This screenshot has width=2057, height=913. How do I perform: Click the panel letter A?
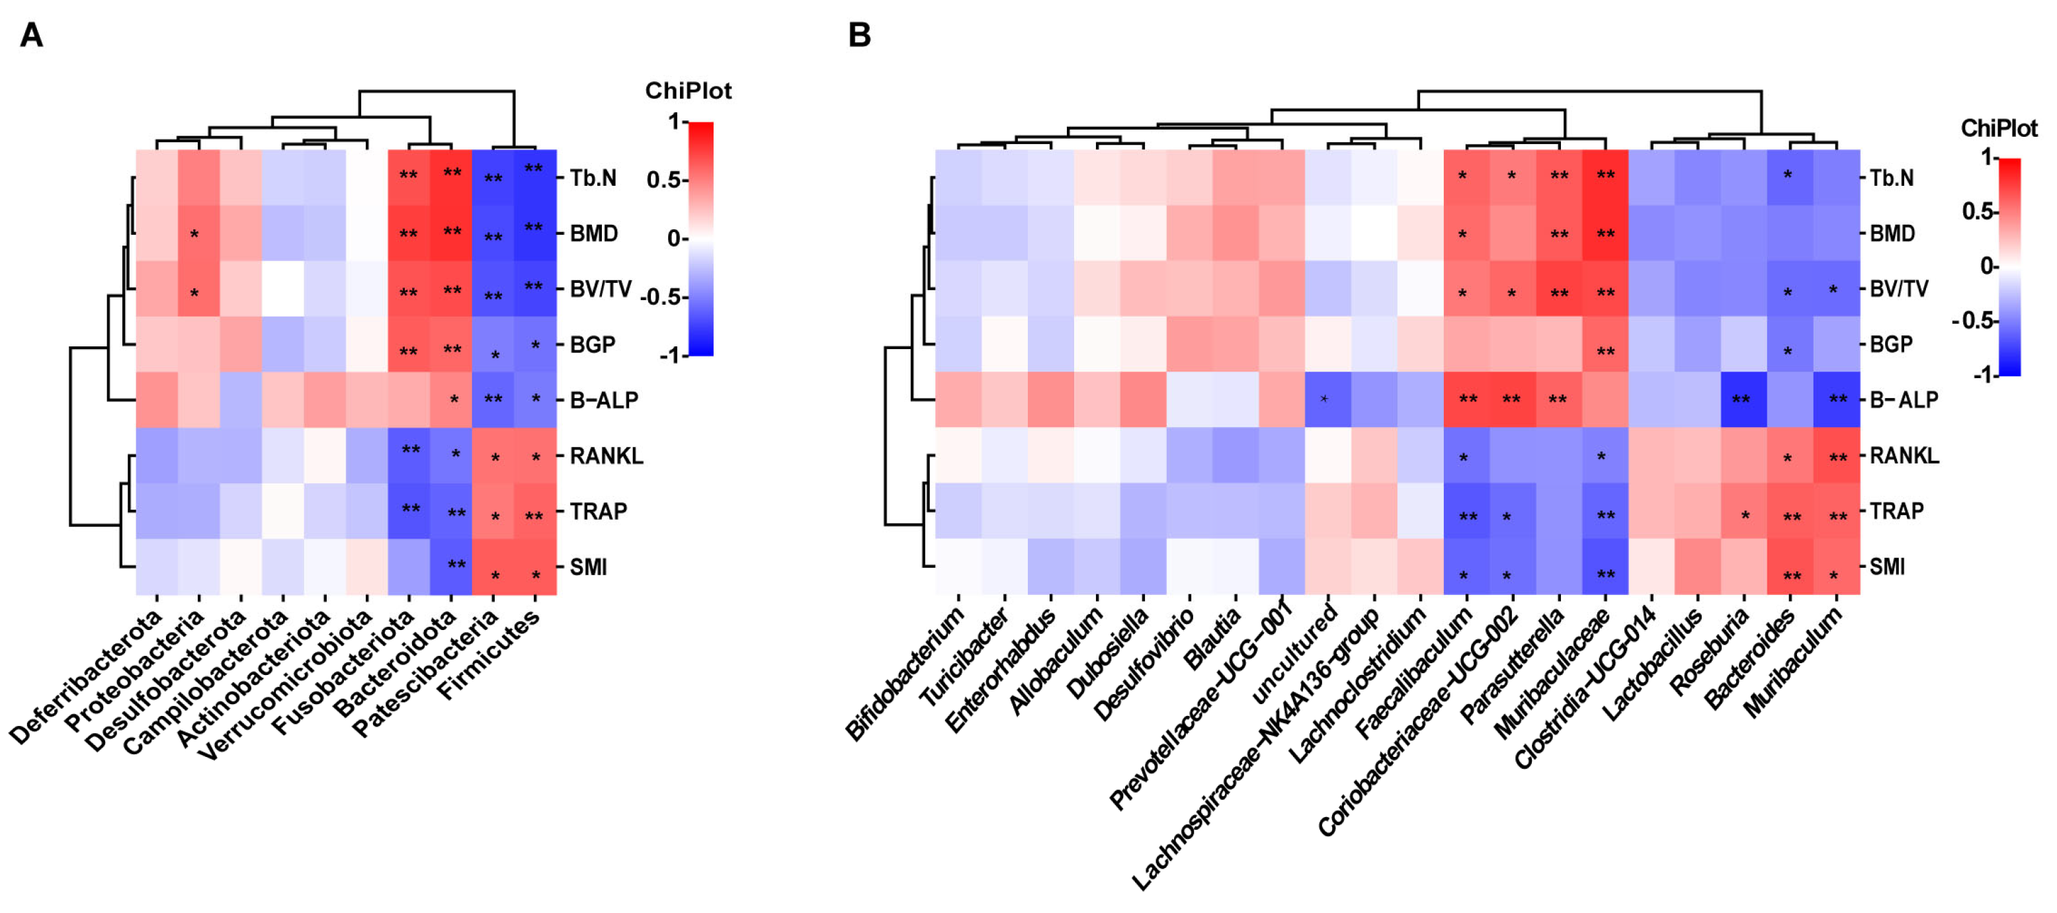point(31,35)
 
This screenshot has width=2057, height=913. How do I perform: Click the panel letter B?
point(859,35)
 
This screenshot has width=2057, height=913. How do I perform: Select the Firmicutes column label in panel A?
point(490,655)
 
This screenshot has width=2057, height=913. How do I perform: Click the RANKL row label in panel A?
point(605,456)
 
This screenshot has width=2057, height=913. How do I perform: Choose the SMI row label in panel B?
point(1887,567)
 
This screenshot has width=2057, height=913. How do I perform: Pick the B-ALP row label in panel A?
point(604,400)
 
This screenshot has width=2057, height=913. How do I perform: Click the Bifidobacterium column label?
point(905,674)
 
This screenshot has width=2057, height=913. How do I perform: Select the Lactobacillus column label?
point(1653,662)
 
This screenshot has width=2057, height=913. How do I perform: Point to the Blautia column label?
point(1212,639)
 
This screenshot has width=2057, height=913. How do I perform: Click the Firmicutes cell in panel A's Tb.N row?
point(535,177)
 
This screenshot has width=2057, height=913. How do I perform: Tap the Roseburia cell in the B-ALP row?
point(1743,400)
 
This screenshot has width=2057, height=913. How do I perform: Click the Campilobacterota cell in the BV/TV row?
point(282,289)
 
